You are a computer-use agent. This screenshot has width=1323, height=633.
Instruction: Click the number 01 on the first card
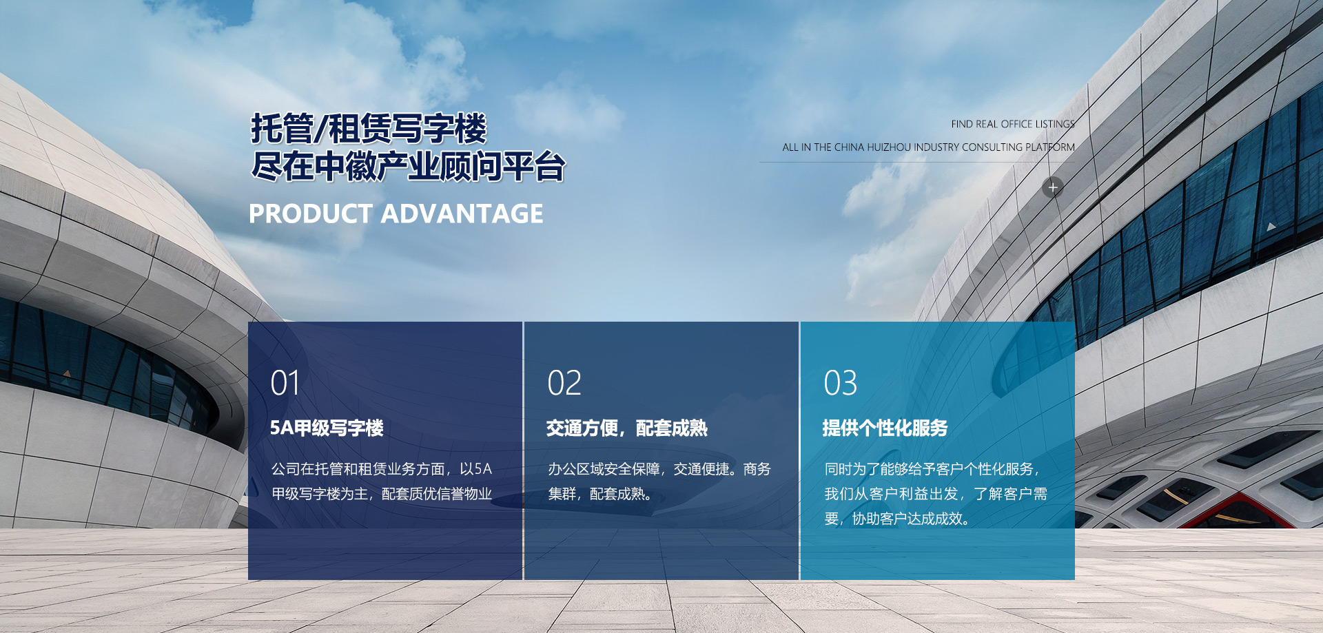(285, 383)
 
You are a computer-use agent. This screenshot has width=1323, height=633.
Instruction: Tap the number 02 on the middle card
(564, 383)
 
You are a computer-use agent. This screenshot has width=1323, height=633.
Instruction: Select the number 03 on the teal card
(841, 383)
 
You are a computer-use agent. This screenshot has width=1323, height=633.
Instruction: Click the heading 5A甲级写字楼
(327, 428)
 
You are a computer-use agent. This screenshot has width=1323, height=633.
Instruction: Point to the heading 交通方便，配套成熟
(627, 428)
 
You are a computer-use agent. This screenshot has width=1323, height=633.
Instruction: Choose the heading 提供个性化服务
(885, 428)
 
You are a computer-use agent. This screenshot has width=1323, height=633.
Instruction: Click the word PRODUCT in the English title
(311, 214)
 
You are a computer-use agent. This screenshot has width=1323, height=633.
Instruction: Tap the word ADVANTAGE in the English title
(462, 214)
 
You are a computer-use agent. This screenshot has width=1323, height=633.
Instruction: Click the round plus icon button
(1052, 187)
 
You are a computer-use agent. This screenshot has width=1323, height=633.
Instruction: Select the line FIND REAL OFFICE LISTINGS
(1013, 124)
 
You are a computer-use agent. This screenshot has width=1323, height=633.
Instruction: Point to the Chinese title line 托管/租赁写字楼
(369, 129)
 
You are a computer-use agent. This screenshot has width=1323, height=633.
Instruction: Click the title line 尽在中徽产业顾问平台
(408, 167)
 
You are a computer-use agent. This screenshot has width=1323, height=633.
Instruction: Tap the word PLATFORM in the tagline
(1050, 147)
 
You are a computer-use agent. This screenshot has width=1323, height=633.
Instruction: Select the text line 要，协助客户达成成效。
(897, 519)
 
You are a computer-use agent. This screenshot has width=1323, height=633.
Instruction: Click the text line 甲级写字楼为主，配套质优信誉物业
(382, 494)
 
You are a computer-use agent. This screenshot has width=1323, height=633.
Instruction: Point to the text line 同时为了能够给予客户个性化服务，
(932, 469)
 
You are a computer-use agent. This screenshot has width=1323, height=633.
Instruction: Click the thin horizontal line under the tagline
(917, 163)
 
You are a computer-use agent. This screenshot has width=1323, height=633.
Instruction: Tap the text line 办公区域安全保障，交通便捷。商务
(659, 469)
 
